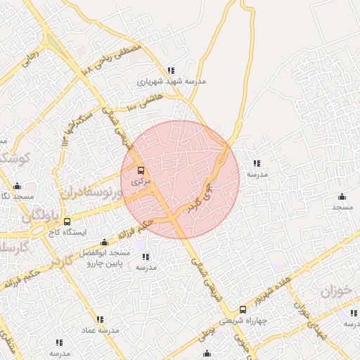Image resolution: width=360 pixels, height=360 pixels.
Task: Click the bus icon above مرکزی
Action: click(140, 170)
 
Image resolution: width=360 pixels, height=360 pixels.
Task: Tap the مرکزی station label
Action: click(141, 181)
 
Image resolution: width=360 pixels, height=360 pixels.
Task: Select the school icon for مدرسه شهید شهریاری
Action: click(171, 70)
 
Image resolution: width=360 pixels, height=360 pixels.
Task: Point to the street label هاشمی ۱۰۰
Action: click(146, 104)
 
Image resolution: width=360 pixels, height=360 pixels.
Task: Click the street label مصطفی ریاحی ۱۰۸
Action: click(112, 60)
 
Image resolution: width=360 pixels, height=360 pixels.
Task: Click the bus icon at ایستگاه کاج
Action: click(46, 231)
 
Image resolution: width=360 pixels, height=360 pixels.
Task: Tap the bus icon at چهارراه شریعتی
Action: click(243, 309)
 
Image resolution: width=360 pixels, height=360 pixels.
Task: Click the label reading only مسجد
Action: click(342, 208)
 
